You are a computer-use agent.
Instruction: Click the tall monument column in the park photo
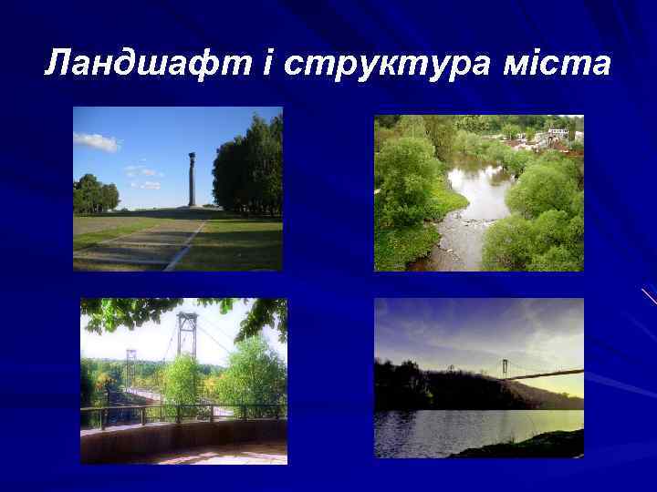click(x=192, y=179)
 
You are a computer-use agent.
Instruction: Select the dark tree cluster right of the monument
click(x=248, y=169)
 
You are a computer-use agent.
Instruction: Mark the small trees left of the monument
click(x=95, y=193)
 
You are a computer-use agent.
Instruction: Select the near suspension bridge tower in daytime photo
click(x=187, y=337)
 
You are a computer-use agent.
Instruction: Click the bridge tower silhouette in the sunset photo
click(x=504, y=367)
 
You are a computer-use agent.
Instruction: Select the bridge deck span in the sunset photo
click(x=547, y=373)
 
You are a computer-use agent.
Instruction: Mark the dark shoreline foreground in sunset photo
click(x=529, y=446)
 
